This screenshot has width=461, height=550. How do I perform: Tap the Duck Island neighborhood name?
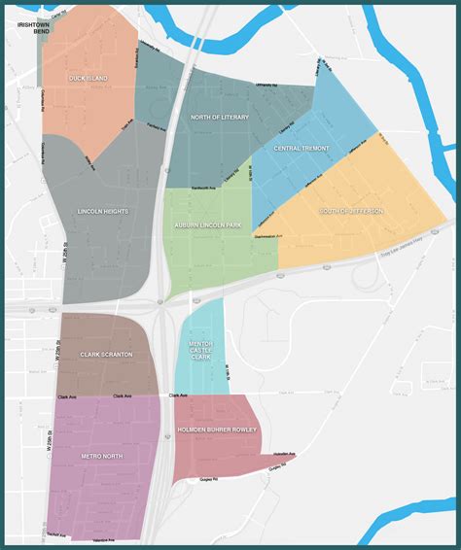(88, 78)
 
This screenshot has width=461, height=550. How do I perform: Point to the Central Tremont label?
(301, 149)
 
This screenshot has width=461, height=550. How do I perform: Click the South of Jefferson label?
(352, 211)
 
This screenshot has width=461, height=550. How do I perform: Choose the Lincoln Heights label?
(103, 211)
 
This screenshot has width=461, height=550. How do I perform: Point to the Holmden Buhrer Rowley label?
(217, 429)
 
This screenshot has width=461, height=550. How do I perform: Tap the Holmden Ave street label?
(284, 454)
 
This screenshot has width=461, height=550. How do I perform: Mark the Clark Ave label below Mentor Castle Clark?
(177, 395)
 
